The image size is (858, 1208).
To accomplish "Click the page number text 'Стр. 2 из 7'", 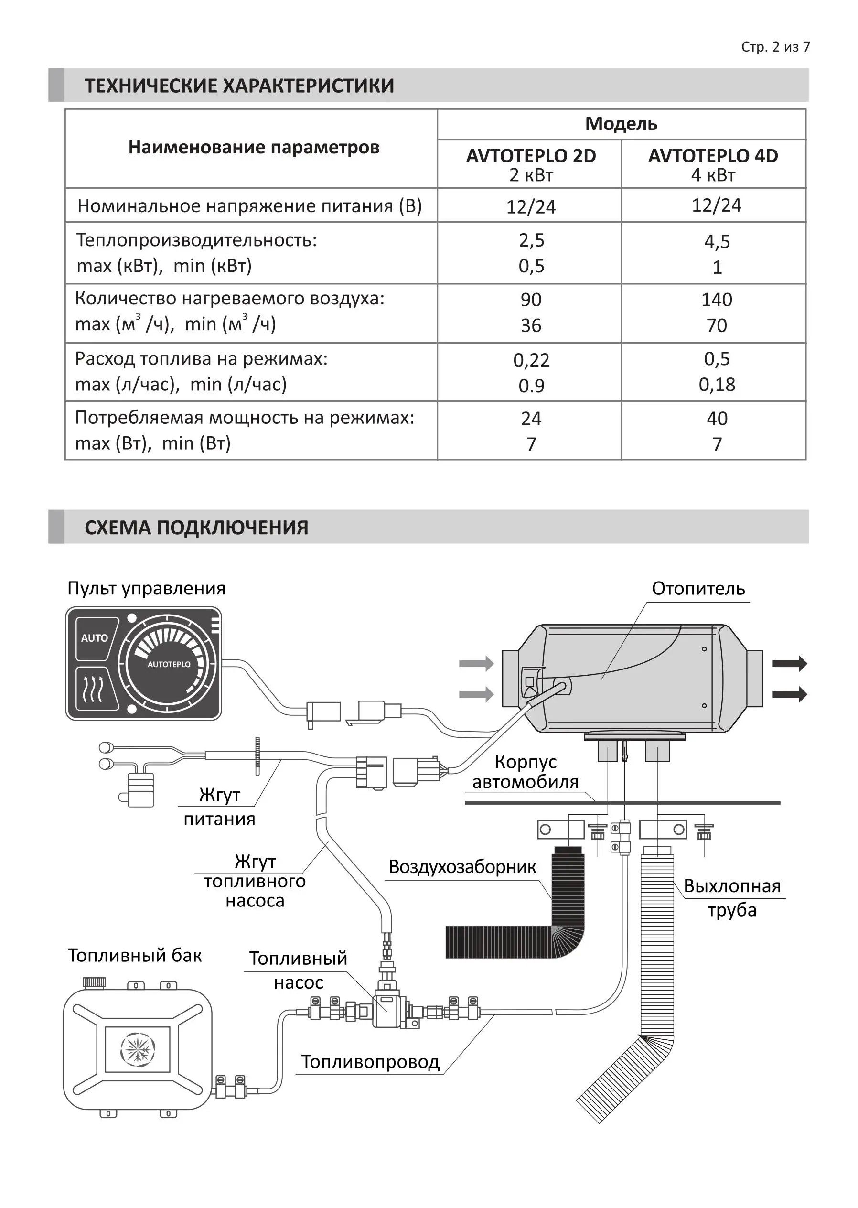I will tap(775, 47).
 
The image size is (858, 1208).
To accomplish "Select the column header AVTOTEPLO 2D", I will tap(530, 156).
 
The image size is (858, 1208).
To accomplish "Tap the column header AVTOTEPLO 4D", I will tap(713, 156).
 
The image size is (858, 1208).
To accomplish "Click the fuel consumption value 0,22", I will tap(531, 360).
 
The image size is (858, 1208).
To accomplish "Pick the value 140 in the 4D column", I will tap(717, 300).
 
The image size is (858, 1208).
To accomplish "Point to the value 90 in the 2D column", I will tap(531, 300).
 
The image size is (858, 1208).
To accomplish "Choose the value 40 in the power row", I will tap(717, 419).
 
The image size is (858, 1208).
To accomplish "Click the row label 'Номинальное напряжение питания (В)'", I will tap(249, 205).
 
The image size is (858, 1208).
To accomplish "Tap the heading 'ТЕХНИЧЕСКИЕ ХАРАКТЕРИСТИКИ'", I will tap(239, 86).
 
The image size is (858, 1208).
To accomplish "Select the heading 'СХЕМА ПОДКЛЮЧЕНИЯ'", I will tap(196, 528).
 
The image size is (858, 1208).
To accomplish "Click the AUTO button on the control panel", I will tap(95, 638).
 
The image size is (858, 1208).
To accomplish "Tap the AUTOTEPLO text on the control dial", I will tap(169, 664).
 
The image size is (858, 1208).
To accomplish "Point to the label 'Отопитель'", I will tap(698, 588).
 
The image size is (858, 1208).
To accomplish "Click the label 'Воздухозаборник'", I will tap(462, 867).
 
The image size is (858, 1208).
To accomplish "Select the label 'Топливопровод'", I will tap(370, 1061).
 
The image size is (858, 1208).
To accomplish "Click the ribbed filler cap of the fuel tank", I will tap(94, 982).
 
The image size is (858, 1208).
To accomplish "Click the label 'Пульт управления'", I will tap(146, 588).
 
